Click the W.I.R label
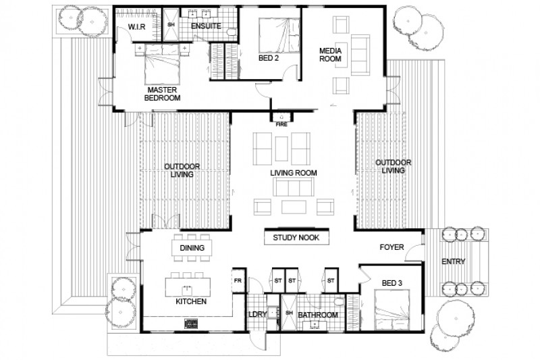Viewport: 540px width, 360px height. click(x=137, y=27)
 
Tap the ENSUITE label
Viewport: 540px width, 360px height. click(x=206, y=26)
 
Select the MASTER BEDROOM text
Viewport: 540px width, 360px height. click(x=163, y=94)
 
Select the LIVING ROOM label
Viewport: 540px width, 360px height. click(x=294, y=174)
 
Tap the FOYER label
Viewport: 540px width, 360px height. click(x=391, y=248)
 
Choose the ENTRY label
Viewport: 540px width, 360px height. click(x=453, y=261)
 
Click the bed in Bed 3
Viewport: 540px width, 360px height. click(x=389, y=316)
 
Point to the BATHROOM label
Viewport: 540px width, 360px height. click(x=319, y=315)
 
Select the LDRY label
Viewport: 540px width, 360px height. click(x=257, y=315)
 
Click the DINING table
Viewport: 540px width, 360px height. click(x=192, y=249)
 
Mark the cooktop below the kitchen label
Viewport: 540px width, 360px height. click(x=191, y=325)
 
